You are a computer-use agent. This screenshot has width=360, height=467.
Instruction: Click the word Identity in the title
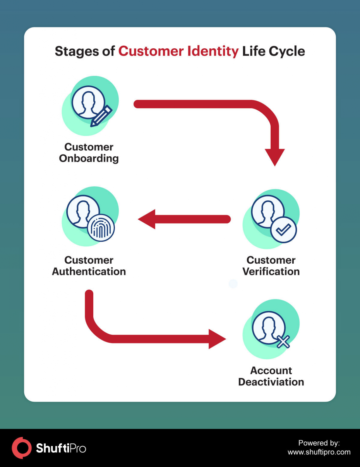213,51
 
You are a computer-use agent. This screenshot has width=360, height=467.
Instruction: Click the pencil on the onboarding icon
102,116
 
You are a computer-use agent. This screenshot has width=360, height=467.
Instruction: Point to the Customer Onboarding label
89,153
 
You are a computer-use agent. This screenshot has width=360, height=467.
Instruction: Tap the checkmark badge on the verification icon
283,230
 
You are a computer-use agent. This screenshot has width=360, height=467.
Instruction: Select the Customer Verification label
271,266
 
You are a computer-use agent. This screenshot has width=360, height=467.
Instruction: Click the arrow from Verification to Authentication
184,219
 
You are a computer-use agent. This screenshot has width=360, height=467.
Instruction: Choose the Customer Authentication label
89,266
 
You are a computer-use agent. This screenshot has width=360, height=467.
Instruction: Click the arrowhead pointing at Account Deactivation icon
216,339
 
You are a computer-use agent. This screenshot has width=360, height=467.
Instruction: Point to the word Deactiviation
271,382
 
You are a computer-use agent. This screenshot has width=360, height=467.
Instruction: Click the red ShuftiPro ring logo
22,448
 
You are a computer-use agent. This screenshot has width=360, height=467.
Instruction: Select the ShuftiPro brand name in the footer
61,448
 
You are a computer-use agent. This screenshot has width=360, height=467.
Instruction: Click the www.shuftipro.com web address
319,452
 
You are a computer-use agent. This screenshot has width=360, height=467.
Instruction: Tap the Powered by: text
319,443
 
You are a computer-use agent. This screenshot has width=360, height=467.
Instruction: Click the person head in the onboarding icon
88,101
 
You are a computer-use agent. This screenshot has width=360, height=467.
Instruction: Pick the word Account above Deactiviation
271,370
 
